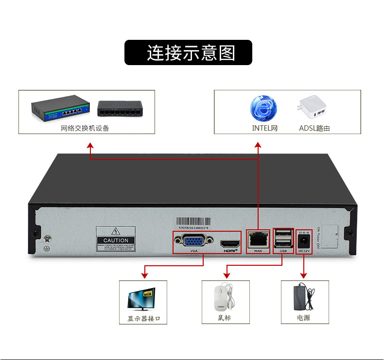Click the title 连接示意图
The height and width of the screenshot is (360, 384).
pos(189,52)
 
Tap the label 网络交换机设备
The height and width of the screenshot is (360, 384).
pos(85,129)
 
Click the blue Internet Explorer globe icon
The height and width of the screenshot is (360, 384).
pos(264,108)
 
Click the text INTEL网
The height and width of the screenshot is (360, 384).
pos(264,129)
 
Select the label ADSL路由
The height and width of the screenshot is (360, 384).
pos(314,129)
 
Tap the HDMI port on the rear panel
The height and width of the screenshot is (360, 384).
pos(230,243)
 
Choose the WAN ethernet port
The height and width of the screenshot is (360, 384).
pos(258,239)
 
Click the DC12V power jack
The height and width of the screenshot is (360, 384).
pos(304,240)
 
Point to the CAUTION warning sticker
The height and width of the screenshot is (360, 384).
pos(116,238)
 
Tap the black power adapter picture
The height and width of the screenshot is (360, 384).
pos(304,297)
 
